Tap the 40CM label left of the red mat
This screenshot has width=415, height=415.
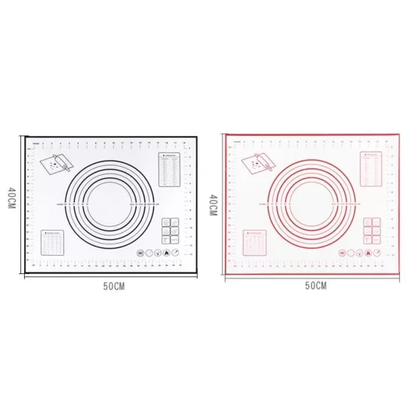click(214, 203)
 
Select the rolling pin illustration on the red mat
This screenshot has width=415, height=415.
click(257, 161)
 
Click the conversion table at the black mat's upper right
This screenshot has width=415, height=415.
click(168, 169)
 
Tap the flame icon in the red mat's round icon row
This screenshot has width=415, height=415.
click(368, 254)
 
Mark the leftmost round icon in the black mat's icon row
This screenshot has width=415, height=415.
click(140, 254)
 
